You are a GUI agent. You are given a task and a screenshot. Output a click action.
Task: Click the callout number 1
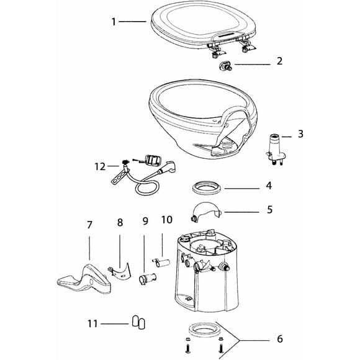click(x=114, y=22)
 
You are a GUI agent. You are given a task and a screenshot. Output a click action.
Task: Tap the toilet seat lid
click(x=203, y=25)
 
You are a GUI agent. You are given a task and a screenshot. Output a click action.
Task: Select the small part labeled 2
click(x=225, y=66)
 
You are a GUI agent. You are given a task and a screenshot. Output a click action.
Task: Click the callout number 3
click(x=300, y=134)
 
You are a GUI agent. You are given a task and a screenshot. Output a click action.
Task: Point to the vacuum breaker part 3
click(x=276, y=149)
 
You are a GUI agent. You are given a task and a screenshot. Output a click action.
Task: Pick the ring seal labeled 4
click(x=207, y=188)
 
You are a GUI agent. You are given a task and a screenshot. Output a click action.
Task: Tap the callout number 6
click(x=280, y=339)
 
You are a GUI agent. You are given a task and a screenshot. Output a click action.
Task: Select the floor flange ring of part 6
click(x=203, y=330)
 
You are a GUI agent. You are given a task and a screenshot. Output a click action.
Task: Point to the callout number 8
click(x=120, y=222)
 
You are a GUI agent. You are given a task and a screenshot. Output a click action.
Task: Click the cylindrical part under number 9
click(x=147, y=279)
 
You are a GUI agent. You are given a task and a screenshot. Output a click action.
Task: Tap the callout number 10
click(x=167, y=220)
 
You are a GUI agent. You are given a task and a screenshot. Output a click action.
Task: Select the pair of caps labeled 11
click(x=138, y=322)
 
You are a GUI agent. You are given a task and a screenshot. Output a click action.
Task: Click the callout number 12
click(x=100, y=166)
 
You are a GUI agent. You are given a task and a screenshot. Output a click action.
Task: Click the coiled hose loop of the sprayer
click(x=147, y=187)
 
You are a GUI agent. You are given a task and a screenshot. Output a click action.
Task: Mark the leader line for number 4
click(x=242, y=189)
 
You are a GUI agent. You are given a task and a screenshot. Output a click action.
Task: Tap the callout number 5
click(x=269, y=210)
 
